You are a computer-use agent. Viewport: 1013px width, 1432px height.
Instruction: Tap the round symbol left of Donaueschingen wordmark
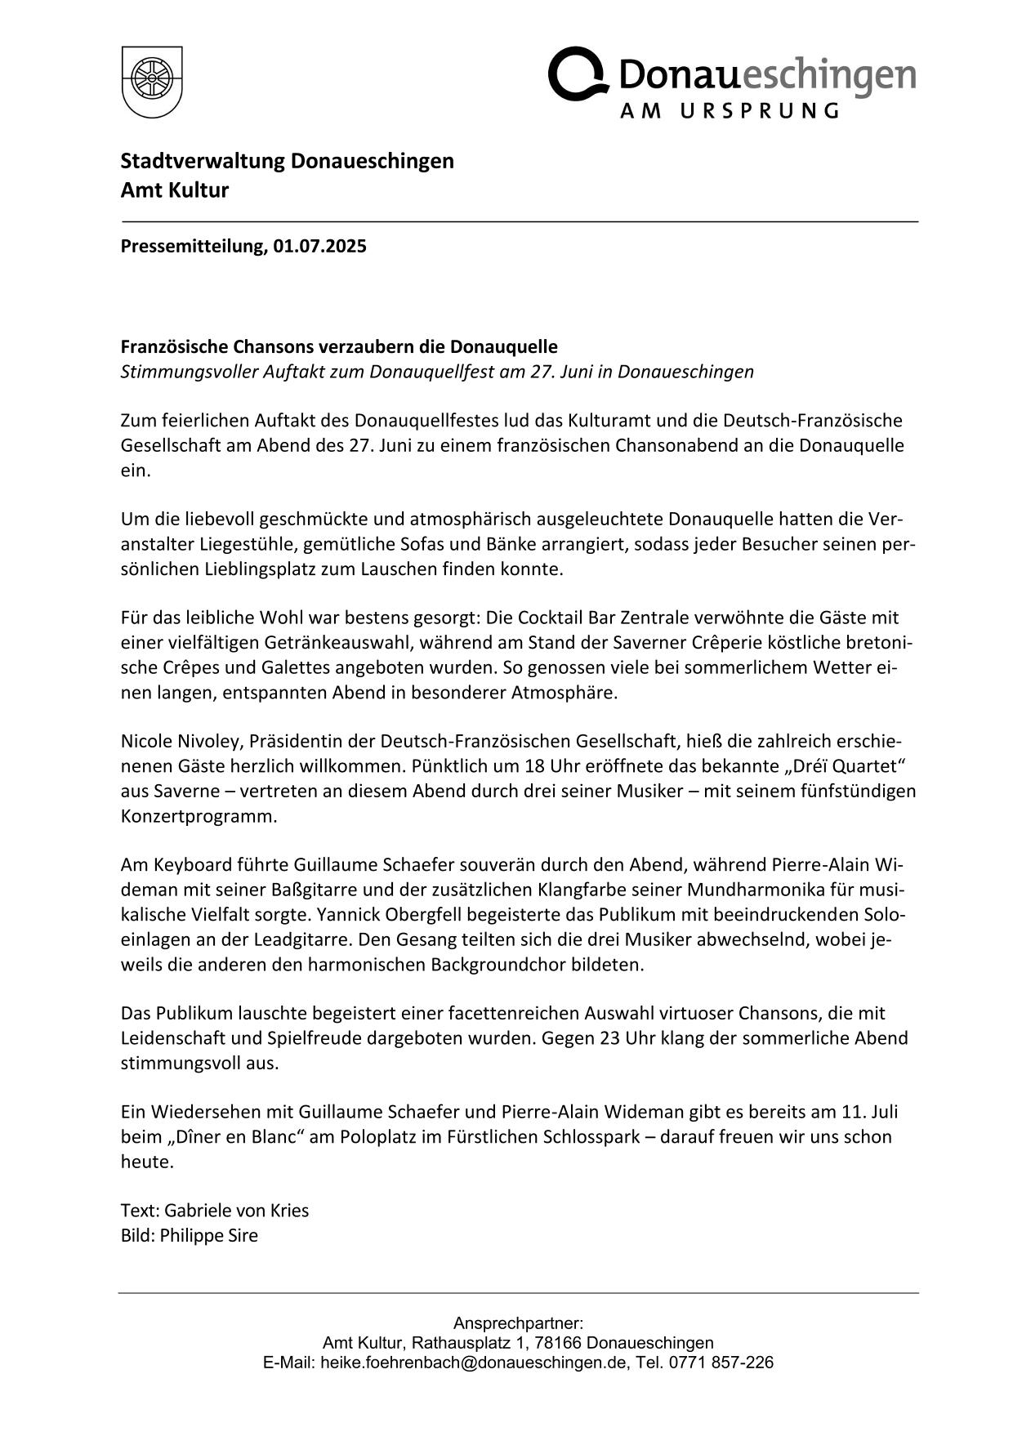point(578,74)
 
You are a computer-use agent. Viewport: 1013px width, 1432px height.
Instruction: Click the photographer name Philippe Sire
point(208,1235)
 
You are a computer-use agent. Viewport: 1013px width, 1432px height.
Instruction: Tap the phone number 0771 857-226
point(721,1363)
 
